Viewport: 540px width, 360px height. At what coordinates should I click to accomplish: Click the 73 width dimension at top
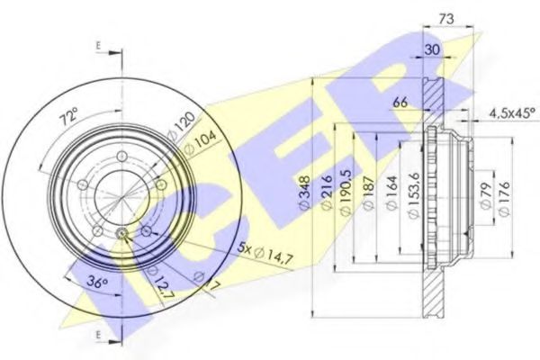pos(446,18)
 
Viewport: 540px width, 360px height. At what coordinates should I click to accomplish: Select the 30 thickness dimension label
pos(432,50)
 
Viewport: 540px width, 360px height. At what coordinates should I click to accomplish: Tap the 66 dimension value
pos(400,102)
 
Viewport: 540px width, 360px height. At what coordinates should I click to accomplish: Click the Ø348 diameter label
pos(305,192)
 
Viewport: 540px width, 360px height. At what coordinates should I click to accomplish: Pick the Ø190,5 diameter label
pos(346,193)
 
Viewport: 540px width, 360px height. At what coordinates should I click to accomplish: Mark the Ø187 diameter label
pos(368,193)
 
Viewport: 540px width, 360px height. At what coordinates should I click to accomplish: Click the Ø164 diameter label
pos(391,193)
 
